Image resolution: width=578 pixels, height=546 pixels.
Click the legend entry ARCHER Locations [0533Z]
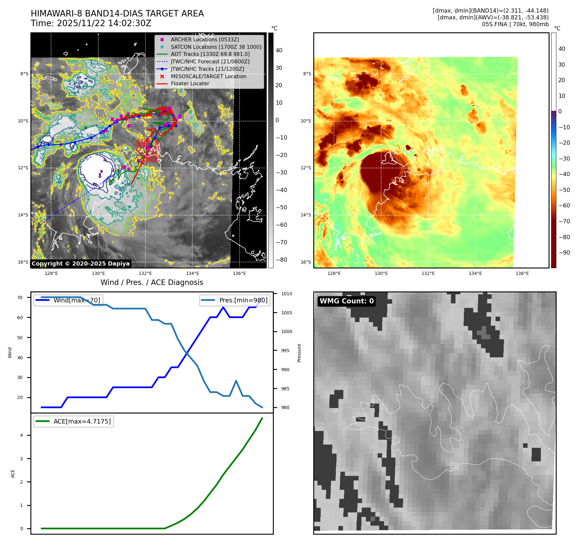205,39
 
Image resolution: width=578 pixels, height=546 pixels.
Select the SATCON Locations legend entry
216,47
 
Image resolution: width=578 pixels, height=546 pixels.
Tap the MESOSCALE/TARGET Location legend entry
209,76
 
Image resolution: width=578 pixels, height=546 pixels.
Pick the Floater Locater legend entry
190,83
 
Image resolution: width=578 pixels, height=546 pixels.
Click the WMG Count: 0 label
347,301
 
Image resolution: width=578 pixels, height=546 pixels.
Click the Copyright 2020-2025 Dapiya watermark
80,264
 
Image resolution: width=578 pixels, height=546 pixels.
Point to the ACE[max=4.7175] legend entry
82,421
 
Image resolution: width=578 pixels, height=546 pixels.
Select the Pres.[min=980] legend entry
243,300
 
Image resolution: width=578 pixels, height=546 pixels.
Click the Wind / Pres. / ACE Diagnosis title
152,282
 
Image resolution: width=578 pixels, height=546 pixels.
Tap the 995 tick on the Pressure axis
285,351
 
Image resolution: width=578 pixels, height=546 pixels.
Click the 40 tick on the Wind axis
20,358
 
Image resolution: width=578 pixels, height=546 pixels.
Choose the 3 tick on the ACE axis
22,459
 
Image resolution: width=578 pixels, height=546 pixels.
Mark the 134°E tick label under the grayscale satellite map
192,273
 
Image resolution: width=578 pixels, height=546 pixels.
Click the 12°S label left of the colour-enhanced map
305,168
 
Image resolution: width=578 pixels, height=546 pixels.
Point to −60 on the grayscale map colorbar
281,225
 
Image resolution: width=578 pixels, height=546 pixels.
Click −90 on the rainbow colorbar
564,253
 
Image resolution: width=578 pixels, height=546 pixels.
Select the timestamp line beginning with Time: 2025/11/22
91,23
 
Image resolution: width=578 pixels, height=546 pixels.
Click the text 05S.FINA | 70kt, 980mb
515,24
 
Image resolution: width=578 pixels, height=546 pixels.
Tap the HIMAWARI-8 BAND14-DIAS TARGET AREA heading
117,14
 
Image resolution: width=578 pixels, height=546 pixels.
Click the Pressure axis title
299,353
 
